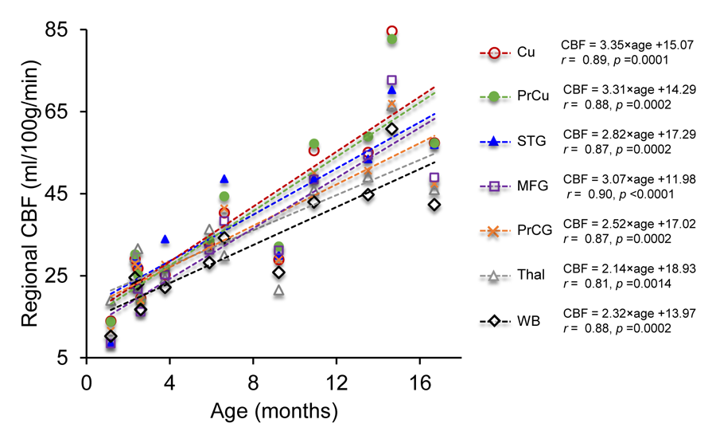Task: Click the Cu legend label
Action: click(x=525, y=53)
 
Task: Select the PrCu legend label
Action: click(x=531, y=97)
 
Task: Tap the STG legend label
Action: click(x=530, y=142)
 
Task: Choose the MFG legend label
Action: click(x=531, y=186)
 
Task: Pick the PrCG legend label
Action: click(x=533, y=231)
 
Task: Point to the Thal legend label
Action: click(x=529, y=276)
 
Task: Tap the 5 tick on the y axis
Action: click(x=60, y=358)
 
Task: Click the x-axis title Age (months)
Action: click(x=274, y=411)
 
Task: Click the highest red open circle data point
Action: click(x=392, y=31)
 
